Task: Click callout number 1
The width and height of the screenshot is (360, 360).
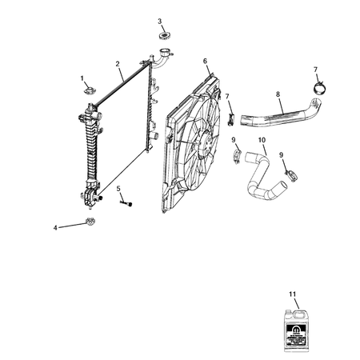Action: (x=82, y=78)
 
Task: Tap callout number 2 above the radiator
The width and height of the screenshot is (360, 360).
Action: (x=118, y=64)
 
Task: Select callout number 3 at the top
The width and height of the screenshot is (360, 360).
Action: (x=159, y=21)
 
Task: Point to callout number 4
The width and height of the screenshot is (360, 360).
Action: (x=55, y=228)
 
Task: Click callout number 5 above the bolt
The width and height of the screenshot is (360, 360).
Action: (x=118, y=190)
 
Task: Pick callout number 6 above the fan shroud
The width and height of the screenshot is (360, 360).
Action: (x=205, y=61)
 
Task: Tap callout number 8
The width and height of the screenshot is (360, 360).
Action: (x=278, y=94)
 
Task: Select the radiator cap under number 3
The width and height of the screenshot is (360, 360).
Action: (x=166, y=35)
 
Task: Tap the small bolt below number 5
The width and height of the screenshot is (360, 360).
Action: (x=126, y=203)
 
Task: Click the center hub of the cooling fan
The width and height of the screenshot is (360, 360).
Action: (x=204, y=147)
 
